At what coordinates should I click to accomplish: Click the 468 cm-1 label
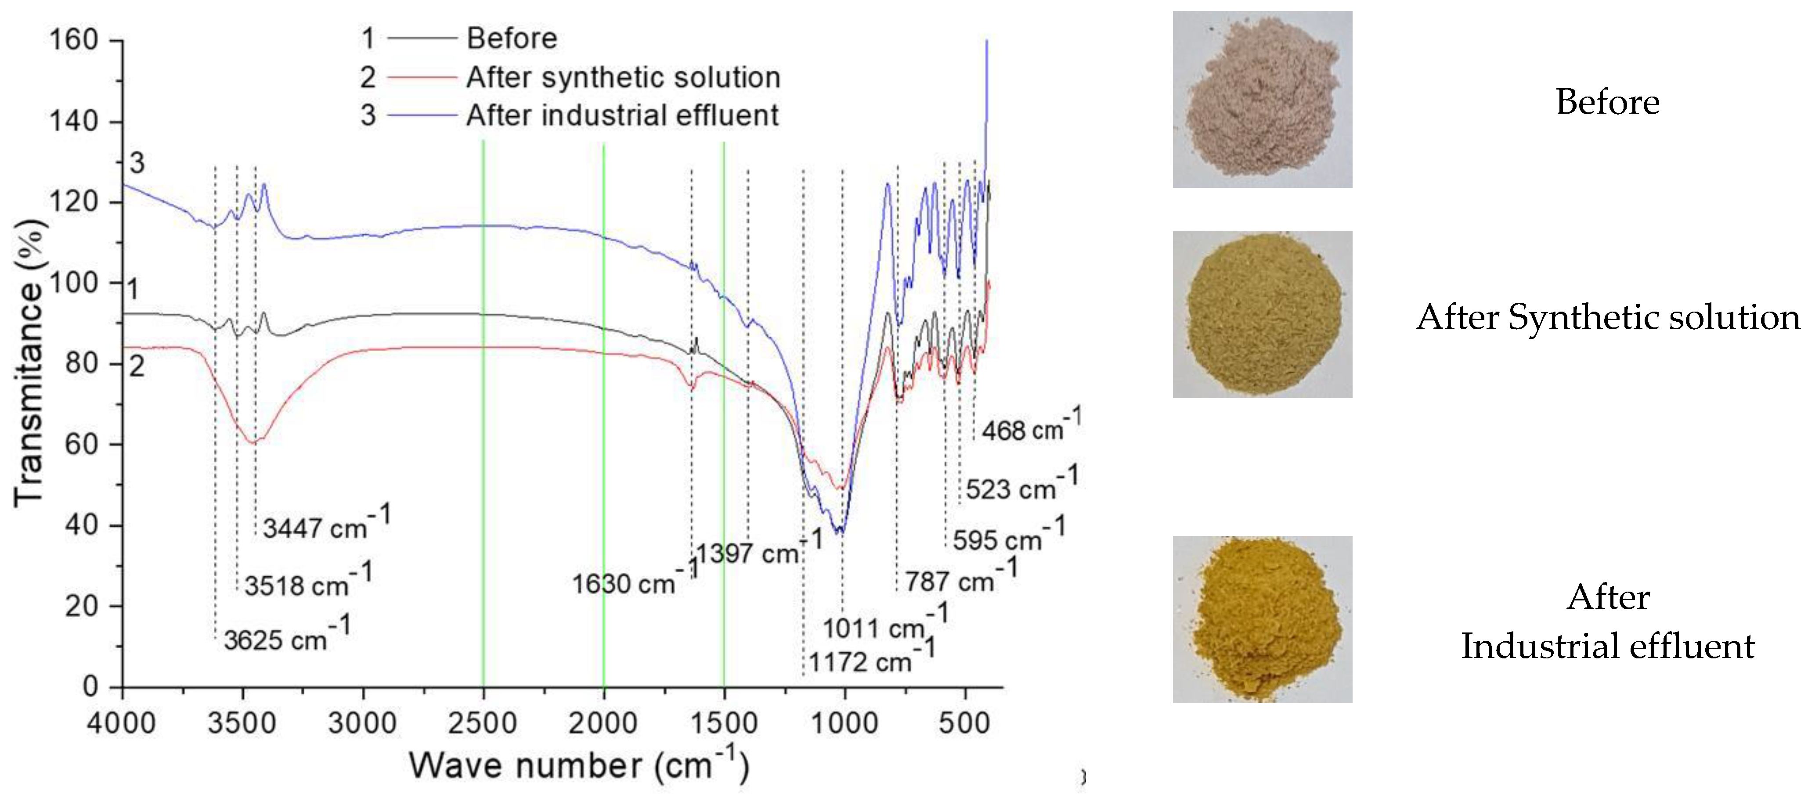coord(1030,428)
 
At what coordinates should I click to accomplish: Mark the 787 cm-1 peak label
coord(960,579)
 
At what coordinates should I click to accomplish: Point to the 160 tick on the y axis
coord(73,40)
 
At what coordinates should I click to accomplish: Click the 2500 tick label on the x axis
coord(483,722)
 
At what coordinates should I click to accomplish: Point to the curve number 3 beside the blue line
coord(137,163)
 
